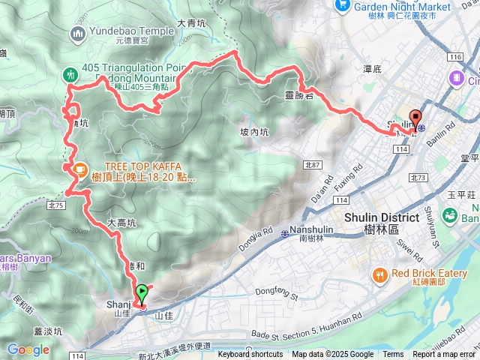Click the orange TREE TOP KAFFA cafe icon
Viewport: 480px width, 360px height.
point(78,169)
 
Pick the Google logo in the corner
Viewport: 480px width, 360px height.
point(28,349)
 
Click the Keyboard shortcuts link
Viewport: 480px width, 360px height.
point(250,355)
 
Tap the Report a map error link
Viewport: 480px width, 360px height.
point(444,355)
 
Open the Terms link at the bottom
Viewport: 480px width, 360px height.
point(393,355)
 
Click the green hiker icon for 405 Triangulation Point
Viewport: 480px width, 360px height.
point(70,74)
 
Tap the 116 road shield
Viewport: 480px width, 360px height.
point(454,57)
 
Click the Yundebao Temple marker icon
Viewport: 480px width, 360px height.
point(78,33)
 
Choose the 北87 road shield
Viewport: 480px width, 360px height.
point(312,164)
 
